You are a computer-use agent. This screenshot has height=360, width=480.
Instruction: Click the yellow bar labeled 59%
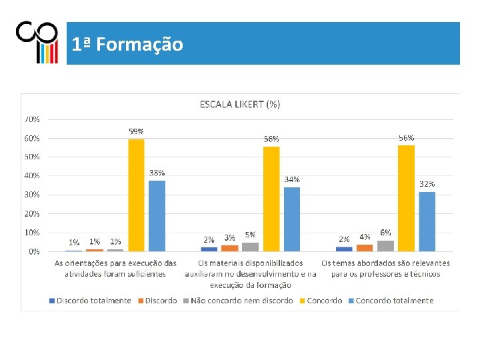click(136, 195)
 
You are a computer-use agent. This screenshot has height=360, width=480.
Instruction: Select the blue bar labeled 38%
click(157, 216)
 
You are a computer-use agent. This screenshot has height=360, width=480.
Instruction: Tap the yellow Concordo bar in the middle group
click(271, 199)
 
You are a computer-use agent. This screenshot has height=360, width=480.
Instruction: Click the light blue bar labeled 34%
click(292, 219)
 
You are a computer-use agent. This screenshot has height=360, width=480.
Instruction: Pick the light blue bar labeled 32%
click(427, 221)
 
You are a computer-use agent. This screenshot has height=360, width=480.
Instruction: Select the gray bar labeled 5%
click(251, 247)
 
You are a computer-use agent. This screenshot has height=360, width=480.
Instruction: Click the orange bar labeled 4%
click(365, 248)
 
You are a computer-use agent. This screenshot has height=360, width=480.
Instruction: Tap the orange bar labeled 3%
click(229, 249)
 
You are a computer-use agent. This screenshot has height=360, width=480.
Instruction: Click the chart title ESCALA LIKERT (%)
click(240, 105)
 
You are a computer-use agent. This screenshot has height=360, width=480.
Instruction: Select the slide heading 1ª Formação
click(127, 45)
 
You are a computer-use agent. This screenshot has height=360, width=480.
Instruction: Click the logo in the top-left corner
click(37, 42)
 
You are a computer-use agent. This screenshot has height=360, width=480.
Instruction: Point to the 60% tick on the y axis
click(32, 139)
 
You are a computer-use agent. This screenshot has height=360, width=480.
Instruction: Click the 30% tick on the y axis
click(32, 195)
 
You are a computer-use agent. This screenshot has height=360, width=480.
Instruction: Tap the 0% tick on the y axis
click(34, 251)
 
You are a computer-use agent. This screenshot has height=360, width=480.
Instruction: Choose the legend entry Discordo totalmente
click(90, 301)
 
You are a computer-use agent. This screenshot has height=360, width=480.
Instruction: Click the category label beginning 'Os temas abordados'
click(385, 268)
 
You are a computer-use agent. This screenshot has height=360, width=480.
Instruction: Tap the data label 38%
click(157, 173)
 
